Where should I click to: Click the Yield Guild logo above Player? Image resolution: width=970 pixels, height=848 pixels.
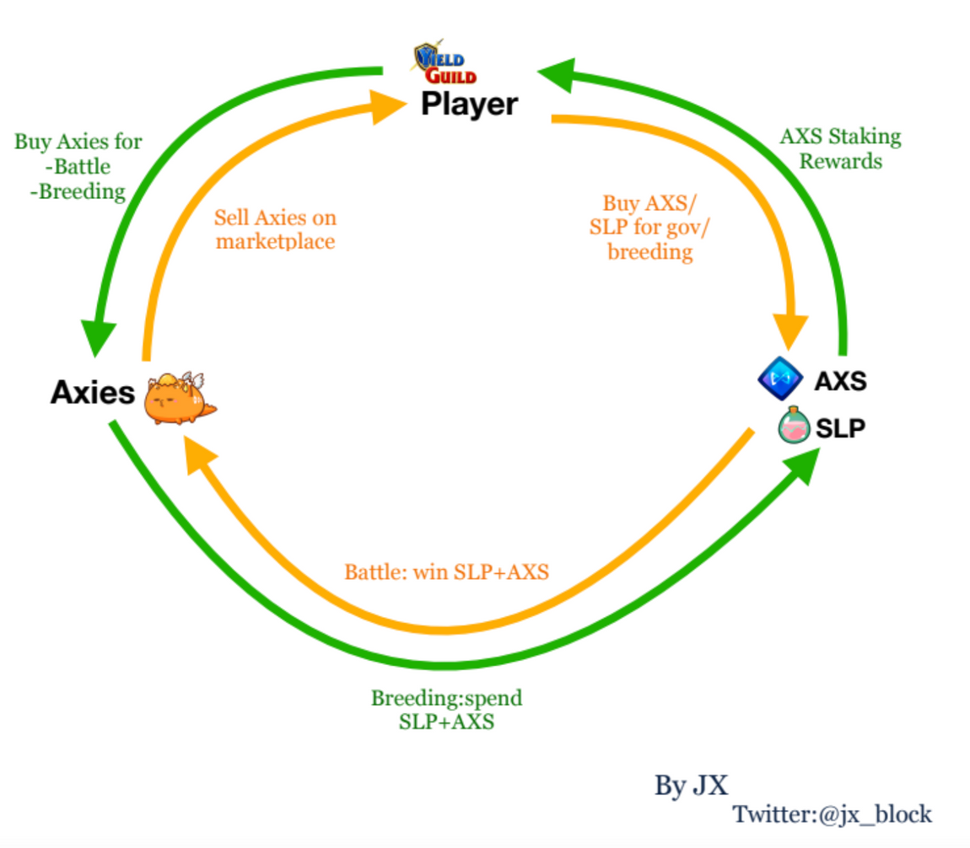445,64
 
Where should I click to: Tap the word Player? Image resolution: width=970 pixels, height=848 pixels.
469,105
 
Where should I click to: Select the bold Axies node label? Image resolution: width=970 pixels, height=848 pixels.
92,392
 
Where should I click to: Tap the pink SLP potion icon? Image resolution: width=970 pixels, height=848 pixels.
793,426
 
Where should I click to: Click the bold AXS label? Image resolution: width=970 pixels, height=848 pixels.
840,382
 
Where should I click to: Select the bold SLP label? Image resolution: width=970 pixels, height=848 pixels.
840,429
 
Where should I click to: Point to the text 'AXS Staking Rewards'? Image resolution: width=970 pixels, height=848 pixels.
840,148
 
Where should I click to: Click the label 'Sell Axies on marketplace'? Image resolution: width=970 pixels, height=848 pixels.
275,230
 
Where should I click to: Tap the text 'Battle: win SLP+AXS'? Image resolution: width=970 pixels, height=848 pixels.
446,572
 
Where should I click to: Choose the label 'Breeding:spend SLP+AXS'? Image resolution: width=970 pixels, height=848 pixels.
446,710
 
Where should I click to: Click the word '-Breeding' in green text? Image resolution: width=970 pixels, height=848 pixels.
78,192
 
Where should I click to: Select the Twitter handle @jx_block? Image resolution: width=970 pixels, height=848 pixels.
832,814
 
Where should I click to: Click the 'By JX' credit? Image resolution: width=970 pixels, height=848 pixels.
690,786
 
